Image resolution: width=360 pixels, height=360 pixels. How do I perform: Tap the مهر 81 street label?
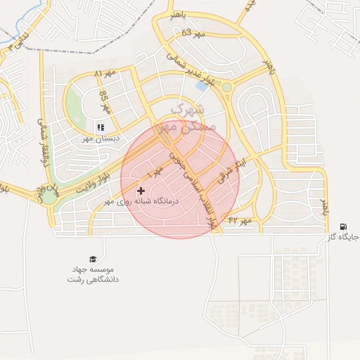(103, 73)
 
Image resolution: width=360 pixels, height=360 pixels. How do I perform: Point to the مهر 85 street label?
(105, 103)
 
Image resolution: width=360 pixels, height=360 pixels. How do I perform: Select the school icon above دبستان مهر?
(100, 127)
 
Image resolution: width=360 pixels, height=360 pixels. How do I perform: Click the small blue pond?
(202, 86)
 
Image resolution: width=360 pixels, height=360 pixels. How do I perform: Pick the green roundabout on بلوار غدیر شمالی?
(227, 87)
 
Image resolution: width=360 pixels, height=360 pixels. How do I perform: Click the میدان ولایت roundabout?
(49, 193)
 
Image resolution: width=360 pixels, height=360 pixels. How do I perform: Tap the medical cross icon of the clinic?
(141, 191)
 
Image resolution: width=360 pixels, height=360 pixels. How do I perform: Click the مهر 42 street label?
(239, 221)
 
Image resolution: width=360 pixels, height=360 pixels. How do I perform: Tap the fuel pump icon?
(342, 226)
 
